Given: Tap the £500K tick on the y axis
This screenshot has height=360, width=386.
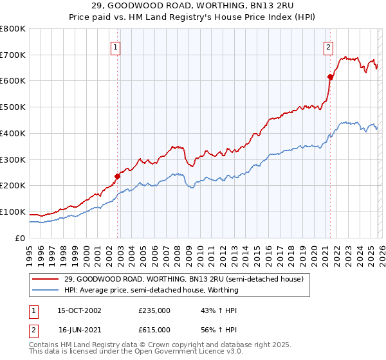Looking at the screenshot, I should (13, 107).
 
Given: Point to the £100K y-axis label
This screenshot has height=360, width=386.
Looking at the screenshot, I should (13, 212).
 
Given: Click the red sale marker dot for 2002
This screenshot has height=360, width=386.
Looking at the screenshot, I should (118, 176).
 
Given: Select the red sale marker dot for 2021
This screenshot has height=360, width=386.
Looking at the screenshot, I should (330, 77).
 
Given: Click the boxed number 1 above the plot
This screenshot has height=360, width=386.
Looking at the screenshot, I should (115, 46).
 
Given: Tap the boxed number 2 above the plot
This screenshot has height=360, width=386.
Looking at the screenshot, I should (328, 46).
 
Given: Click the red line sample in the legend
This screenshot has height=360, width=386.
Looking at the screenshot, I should (46, 278).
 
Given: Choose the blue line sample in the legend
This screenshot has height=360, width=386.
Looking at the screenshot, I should (46, 290).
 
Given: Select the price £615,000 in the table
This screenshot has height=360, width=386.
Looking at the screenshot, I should (154, 329).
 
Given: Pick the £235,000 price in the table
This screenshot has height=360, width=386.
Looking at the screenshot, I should (154, 310).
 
